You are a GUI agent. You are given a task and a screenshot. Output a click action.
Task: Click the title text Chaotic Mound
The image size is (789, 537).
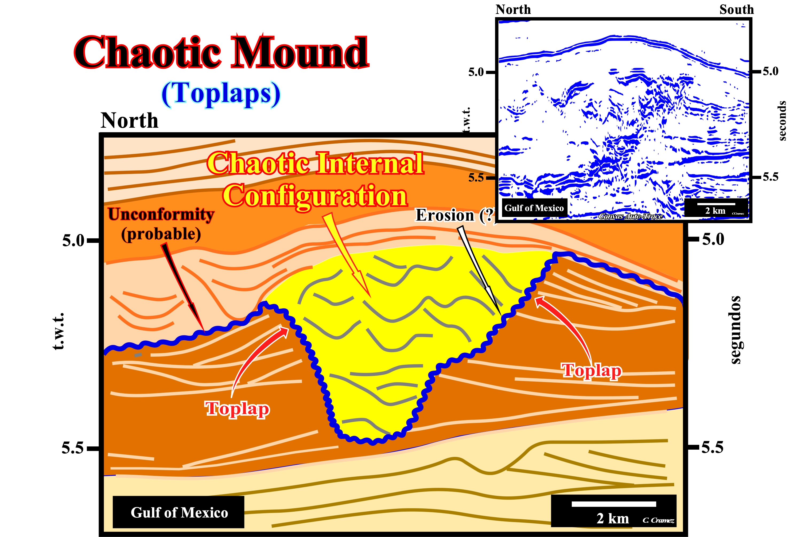(221, 53)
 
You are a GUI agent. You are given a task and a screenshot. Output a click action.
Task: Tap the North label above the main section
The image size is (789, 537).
(129, 120)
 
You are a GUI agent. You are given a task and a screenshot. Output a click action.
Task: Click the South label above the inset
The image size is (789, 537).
(736, 10)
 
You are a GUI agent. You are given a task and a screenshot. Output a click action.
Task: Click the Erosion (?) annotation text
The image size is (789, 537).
(455, 215)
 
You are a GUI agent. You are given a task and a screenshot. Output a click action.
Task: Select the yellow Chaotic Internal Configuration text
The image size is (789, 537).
(315, 180)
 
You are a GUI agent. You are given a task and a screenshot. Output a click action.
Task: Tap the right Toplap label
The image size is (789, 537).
(592, 370)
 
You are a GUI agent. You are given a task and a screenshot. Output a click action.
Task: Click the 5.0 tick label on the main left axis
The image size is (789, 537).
(73, 241)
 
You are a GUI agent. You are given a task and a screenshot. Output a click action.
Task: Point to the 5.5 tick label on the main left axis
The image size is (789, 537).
(72, 448)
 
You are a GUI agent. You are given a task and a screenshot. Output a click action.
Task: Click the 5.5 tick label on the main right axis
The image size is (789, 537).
(713, 447)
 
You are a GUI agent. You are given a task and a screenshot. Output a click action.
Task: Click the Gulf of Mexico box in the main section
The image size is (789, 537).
(178, 512)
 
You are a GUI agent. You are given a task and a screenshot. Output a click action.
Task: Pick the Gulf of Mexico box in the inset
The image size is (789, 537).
(534, 208)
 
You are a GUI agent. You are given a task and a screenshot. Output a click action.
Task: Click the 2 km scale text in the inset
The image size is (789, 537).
(715, 211)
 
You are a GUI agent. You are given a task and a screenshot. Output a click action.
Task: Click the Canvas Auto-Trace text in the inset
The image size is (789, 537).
(631, 216)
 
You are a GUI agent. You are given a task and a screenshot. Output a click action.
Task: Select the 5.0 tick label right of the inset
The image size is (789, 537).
(771, 71)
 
